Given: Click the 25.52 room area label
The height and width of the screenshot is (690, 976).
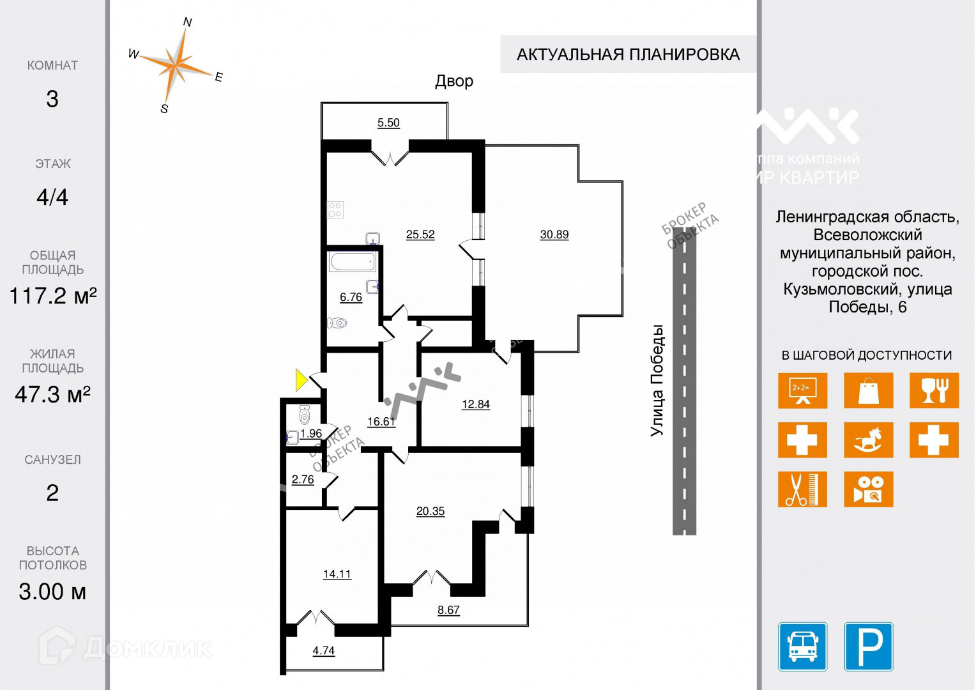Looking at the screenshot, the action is click(420, 234).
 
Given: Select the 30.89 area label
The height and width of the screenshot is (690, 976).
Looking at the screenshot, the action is click(554, 234).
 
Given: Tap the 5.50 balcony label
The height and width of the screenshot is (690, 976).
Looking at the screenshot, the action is click(388, 123).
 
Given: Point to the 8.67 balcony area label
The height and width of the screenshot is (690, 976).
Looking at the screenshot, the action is click(448, 610).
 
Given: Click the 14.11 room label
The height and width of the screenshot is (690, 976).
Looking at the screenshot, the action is click(337, 574).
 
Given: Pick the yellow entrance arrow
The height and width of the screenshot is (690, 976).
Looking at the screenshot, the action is click(301, 379).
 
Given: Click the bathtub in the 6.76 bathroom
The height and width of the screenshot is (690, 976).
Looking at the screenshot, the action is click(353, 262).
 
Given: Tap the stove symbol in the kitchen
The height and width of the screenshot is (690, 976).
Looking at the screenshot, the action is click(335, 210).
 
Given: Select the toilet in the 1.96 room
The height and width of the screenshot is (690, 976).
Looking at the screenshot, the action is click(304, 415).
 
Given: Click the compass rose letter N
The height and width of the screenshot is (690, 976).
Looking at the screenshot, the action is click(187, 22).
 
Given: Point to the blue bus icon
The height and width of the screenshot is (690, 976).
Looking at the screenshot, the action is click(803, 647).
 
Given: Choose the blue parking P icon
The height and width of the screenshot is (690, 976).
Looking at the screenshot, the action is click(869, 647).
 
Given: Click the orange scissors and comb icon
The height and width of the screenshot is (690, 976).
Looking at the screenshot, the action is click(802, 489).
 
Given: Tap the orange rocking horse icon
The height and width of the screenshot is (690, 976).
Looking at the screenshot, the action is click(868, 440).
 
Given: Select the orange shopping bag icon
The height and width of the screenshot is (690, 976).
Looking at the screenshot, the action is click(868, 391).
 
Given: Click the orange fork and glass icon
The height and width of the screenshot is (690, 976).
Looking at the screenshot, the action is click(934, 391).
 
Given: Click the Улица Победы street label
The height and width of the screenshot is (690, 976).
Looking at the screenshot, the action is click(657, 381).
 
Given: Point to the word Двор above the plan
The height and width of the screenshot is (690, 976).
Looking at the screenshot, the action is click(454, 81).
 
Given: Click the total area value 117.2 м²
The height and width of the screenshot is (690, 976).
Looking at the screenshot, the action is click(52, 296).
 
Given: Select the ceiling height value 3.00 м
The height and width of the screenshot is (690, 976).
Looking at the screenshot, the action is click(52, 592).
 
